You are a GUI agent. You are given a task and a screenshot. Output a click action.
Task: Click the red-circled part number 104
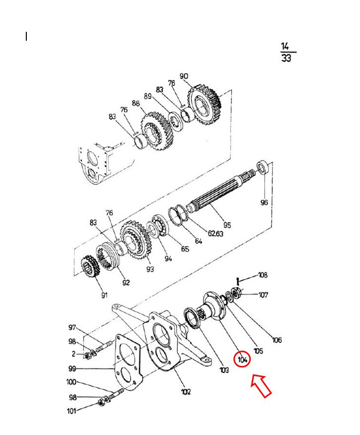point(242,360)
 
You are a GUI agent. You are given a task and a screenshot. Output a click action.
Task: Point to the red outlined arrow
point(261,385)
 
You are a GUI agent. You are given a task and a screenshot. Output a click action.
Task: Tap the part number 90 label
point(184,76)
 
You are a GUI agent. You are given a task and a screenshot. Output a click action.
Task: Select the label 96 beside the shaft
point(264,202)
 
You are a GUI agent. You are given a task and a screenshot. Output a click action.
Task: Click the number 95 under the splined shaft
point(227,225)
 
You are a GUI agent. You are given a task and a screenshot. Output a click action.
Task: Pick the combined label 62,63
point(216,233)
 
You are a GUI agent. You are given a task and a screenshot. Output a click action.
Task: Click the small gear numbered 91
point(90,266)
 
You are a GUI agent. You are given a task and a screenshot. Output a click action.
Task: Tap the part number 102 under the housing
point(186,391)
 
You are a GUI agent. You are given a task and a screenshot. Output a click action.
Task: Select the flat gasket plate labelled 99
point(128,362)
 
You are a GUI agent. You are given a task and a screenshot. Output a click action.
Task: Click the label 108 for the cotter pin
point(263,275)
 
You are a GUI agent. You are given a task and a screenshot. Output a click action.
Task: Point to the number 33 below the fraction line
point(286,58)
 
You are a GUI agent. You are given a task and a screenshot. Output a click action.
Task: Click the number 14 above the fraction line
point(285,46)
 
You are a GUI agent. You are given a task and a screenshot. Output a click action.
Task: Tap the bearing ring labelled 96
point(264,167)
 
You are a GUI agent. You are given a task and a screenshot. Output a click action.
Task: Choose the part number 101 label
point(72,411)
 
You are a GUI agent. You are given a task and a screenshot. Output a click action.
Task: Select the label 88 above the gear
point(136,103)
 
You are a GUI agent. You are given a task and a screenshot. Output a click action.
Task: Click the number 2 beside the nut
point(73,354)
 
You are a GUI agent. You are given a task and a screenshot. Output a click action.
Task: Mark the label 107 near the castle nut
point(263,294)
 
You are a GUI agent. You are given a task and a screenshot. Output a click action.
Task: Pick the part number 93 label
point(150,269)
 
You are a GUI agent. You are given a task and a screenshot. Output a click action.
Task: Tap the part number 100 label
point(72,382)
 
